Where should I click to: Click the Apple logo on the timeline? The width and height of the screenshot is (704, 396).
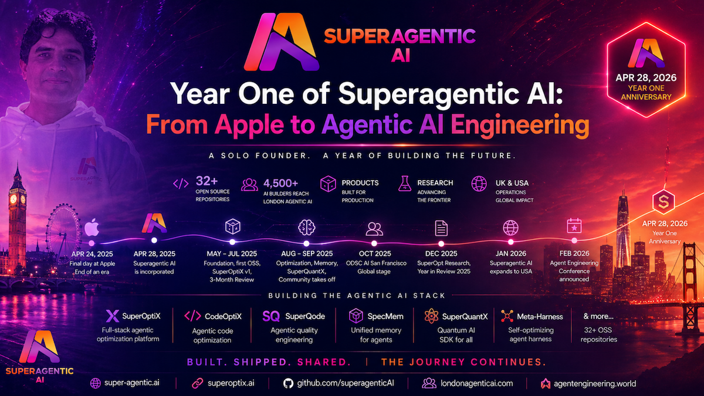coord(91,226)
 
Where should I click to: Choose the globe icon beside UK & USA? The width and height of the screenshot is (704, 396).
coord(479,184)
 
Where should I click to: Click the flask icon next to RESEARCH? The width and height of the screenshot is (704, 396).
coord(404,184)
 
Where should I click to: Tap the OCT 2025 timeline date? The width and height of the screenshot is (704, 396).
coord(374,253)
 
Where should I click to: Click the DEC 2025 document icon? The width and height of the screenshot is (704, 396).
coord(441,228)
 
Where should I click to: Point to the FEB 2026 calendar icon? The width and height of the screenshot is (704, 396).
coord(574,226)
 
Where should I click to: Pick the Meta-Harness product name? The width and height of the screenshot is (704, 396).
coord(540,316)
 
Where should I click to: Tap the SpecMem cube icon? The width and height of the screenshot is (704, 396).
coord(356,316)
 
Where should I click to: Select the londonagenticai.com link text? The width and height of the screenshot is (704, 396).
coord(476,383)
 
